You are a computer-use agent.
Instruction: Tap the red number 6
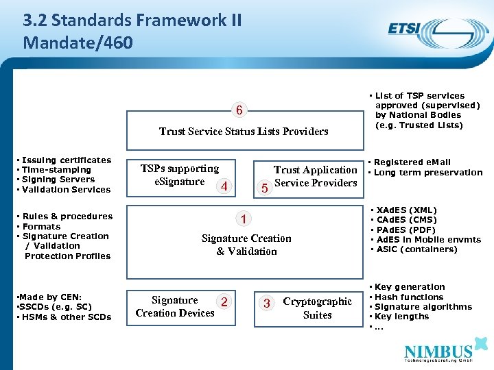(x=238, y=110)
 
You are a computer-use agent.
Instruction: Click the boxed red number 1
(x=243, y=219)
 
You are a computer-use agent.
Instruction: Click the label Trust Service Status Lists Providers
(x=244, y=131)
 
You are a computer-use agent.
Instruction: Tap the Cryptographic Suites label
(x=317, y=308)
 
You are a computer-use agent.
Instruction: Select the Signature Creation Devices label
(x=175, y=307)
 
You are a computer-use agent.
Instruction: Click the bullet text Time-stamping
(x=58, y=169)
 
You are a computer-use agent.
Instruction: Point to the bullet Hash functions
(x=409, y=297)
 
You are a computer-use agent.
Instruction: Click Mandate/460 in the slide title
(x=78, y=42)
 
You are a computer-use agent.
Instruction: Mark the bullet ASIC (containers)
(x=414, y=249)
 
